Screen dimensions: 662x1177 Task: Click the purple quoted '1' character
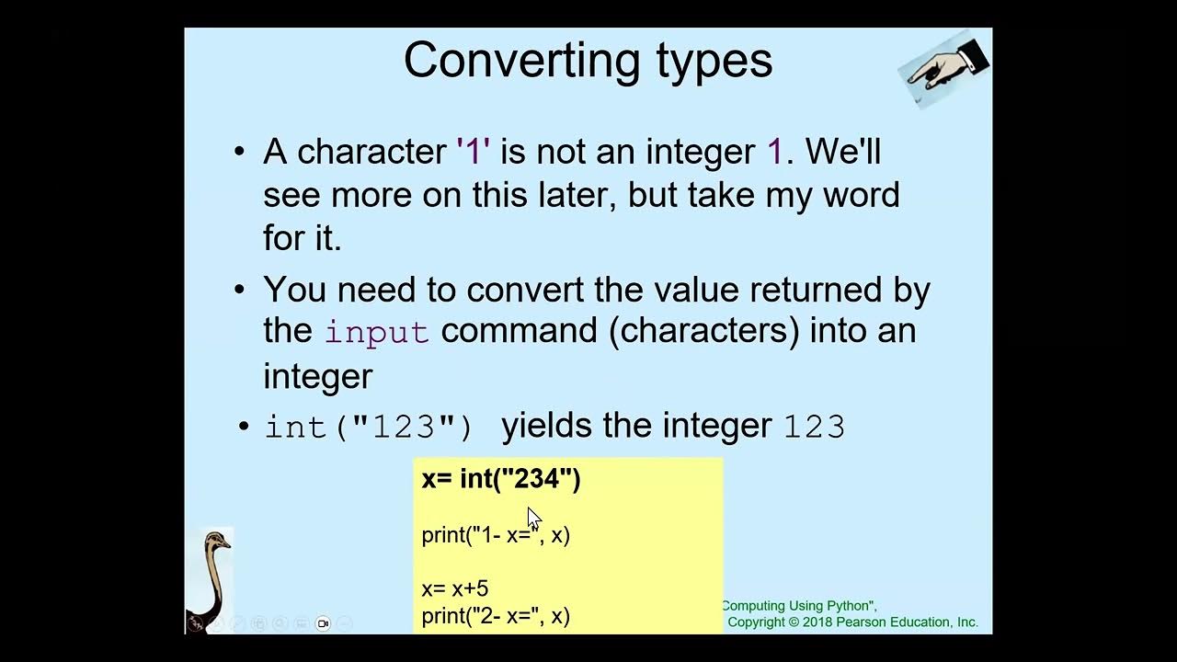[473, 152]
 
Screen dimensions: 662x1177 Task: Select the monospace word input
[376, 332]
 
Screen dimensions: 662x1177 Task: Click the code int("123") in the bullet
[369, 427]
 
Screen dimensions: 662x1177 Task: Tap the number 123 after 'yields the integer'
[814, 427]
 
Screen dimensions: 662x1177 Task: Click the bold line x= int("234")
[501, 479]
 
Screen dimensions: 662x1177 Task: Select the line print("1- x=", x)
[496, 535]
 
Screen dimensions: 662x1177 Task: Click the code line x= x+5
[455, 588]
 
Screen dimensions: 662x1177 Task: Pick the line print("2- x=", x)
[496, 616]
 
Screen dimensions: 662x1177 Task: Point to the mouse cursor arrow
[533, 518]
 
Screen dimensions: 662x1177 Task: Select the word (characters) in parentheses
[703, 331]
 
